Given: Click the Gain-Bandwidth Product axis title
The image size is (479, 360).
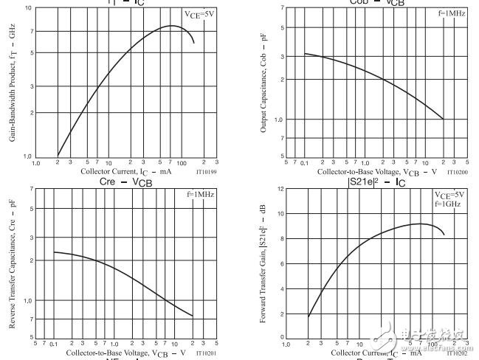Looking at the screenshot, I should tap(11, 83).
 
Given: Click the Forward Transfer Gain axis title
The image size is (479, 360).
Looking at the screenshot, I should tap(263, 264).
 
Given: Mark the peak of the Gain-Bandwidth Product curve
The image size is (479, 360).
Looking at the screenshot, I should tap(172, 26).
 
